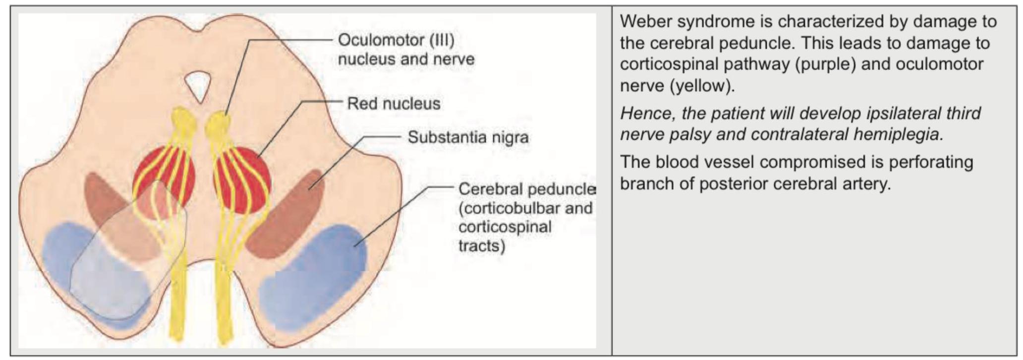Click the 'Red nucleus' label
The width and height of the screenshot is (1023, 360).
pyautogui.click(x=393, y=104)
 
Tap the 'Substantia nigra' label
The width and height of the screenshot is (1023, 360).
pyautogui.click(x=468, y=137)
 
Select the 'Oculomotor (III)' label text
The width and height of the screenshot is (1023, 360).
pyautogui.click(x=396, y=40)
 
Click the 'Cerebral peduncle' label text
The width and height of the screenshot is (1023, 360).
pyautogui.click(x=526, y=189)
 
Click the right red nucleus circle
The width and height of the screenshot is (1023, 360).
pyautogui.click(x=242, y=180)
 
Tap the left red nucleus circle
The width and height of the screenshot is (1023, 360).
pyautogui.click(x=164, y=176)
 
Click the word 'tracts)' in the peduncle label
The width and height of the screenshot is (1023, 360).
pyautogui.click(x=481, y=245)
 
